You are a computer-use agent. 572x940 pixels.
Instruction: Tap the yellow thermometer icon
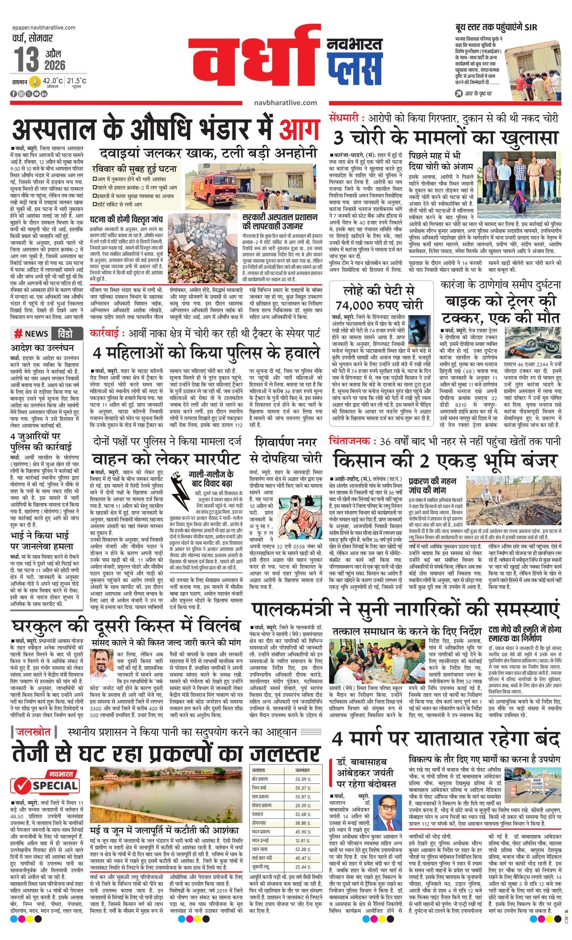coord(36,82)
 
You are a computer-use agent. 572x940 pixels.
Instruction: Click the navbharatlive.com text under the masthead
coord(285,102)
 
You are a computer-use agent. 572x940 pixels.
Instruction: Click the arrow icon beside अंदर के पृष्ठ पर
coord(459,93)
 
